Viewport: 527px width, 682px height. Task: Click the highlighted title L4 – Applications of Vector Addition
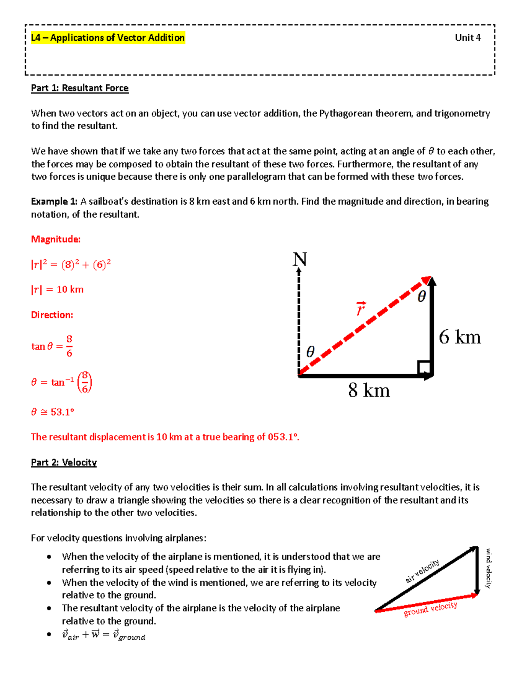tap(108, 38)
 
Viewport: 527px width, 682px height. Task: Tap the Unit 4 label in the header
tap(468, 38)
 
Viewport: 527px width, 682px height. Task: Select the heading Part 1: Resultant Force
tap(79, 88)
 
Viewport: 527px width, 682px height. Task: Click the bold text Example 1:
tap(54, 202)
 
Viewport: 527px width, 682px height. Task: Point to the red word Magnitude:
tap(56, 239)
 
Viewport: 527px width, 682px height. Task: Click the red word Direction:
tap(52, 315)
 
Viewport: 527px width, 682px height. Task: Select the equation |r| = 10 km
tap(57, 289)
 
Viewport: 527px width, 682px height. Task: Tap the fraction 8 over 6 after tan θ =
tap(69, 346)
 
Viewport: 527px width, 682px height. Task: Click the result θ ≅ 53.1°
tap(53, 412)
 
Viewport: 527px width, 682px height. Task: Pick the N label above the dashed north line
tap(300, 260)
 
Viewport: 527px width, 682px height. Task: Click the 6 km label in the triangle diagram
tap(460, 337)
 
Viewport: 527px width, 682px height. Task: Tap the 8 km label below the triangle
tap(369, 390)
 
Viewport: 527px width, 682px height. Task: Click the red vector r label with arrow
tap(361, 309)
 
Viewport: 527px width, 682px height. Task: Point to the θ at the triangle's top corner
tap(421, 297)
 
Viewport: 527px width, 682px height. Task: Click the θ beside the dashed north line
tap(310, 352)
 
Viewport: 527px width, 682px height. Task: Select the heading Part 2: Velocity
tap(64, 462)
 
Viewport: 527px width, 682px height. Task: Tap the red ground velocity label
tap(430, 609)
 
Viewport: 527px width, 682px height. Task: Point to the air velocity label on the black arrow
tap(422, 571)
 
